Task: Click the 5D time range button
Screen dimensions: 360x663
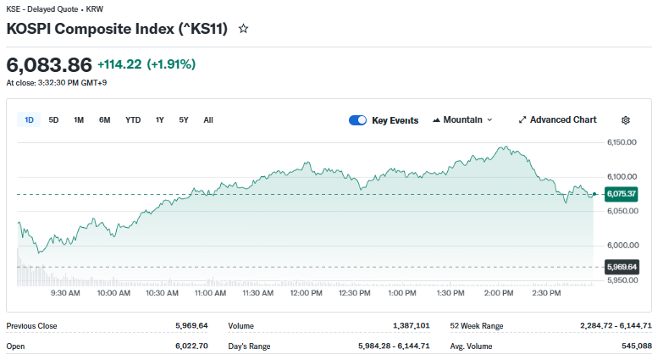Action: pyautogui.click(x=53, y=120)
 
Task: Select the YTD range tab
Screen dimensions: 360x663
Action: pyautogui.click(x=133, y=120)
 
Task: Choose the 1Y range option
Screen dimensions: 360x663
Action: pyautogui.click(x=159, y=120)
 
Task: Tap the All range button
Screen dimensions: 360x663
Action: pyautogui.click(x=208, y=120)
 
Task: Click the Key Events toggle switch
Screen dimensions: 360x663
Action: pyautogui.click(x=357, y=120)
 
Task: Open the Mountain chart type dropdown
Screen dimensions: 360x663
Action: pyautogui.click(x=462, y=120)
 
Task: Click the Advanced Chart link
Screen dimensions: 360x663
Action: pyautogui.click(x=557, y=120)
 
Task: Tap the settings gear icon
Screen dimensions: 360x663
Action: pyautogui.click(x=626, y=120)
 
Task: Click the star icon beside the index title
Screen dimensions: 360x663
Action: pyautogui.click(x=244, y=29)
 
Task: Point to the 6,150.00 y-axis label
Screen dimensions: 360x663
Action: pyautogui.click(x=622, y=142)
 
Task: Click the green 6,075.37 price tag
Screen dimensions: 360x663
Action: pyautogui.click(x=622, y=194)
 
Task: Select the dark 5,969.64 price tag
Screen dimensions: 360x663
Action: pyautogui.click(x=622, y=267)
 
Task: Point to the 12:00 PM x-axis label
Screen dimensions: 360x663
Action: pyautogui.click(x=306, y=293)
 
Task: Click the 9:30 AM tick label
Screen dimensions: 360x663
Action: pyautogui.click(x=65, y=293)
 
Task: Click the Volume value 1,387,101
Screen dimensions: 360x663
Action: pyautogui.click(x=412, y=325)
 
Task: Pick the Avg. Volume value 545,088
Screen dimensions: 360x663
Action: pyautogui.click(x=635, y=346)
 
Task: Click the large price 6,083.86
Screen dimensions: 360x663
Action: pyautogui.click(x=48, y=64)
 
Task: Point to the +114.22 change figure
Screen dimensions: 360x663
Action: pyautogui.click(x=119, y=64)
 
